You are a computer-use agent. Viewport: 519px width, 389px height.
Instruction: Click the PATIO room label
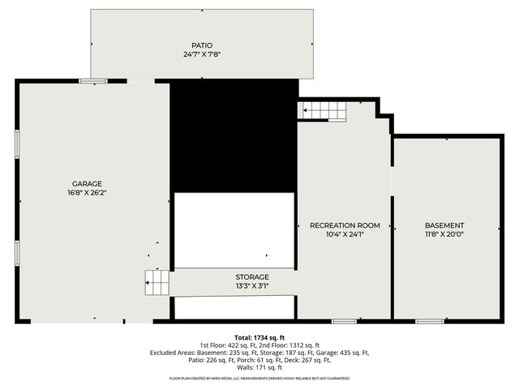[202, 45]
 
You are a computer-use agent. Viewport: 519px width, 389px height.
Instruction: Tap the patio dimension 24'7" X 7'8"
[202, 54]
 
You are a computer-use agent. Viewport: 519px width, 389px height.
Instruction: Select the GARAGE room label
[87, 184]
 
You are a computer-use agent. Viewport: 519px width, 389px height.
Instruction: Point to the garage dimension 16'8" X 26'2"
[87, 193]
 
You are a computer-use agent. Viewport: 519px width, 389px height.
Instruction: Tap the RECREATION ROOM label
[345, 225]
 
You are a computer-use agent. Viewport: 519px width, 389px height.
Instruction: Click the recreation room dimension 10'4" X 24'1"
[345, 234]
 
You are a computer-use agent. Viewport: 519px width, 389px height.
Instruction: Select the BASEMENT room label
[444, 225]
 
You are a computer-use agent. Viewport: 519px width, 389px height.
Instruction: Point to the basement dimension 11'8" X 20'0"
[444, 234]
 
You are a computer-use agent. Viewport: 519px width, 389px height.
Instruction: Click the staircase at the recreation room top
[325, 111]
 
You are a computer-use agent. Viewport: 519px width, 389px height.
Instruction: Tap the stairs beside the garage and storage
[157, 282]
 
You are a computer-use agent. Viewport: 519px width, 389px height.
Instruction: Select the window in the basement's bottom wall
[429, 322]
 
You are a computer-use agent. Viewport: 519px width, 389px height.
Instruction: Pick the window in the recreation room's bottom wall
[344, 322]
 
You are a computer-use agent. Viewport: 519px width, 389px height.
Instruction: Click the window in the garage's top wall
[93, 80]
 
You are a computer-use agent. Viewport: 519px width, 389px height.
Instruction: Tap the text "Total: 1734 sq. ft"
[259, 337]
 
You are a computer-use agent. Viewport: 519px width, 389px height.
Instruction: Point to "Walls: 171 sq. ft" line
[259, 368]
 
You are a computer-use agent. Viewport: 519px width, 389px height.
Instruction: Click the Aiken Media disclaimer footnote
[259, 378]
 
